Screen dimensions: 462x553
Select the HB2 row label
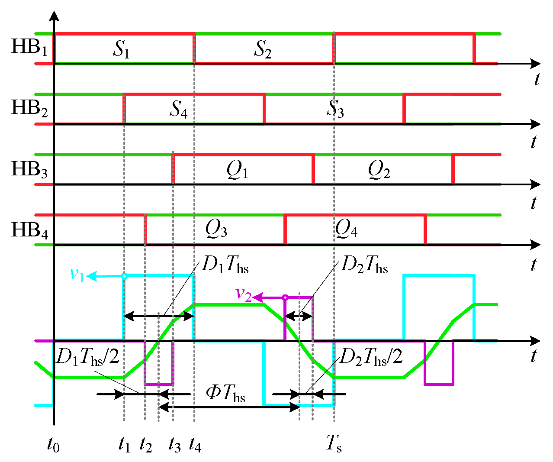tap(29, 108)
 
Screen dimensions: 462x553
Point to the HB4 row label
tap(29, 230)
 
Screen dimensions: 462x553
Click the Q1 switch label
tap(237, 170)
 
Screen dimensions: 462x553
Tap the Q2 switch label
tap(379, 170)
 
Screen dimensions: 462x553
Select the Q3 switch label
tap(216, 229)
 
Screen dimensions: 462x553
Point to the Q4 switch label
tap(346, 229)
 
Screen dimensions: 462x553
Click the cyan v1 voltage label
tap(77, 275)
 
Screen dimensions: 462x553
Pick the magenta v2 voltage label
tap(243, 294)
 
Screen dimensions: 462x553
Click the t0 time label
tap(53, 445)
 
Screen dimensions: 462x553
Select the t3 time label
tap(174, 445)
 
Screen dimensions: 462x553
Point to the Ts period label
tap(334, 444)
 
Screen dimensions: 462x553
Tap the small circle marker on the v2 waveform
tap(285, 297)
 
